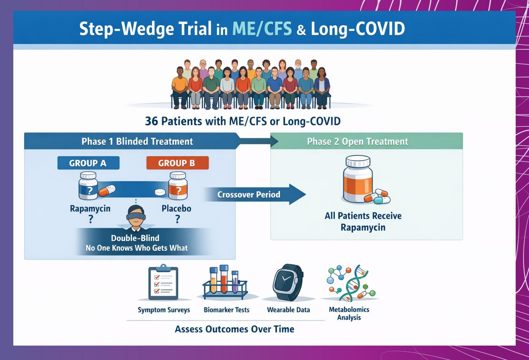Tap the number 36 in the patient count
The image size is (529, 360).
point(151,121)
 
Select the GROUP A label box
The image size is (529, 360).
point(88,163)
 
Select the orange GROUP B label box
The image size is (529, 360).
point(177,163)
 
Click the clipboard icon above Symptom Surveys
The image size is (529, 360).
point(163,282)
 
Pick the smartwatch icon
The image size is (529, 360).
point(288,282)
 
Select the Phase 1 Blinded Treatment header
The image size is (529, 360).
point(137,141)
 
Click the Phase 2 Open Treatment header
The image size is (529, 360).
point(357,141)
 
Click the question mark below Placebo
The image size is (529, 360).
point(177,219)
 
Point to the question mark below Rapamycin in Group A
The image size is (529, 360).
point(91,219)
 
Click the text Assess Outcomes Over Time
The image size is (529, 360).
point(234,329)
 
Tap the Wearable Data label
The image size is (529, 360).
point(288,310)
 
